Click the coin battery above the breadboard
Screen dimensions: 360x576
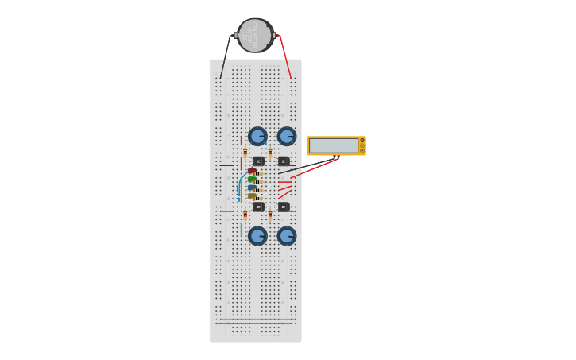(255, 36)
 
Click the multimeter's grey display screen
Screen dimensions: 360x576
(333, 145)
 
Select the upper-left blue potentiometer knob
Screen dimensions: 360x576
(257, 137)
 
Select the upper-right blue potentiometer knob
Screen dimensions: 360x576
(287, 137)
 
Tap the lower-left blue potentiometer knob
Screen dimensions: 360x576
(257, 236)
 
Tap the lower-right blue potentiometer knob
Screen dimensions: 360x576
(287, 236)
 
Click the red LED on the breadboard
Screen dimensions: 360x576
(252, 171)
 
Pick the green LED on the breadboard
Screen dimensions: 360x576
(252, 180)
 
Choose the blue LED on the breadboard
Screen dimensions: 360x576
(252, 188)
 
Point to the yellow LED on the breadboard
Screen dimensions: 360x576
(252, 196)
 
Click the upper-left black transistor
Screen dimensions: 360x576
(258, 161)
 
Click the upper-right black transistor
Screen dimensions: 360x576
(284, 161)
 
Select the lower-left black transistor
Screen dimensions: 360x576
(258, 207)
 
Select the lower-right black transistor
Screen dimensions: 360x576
(284, 207)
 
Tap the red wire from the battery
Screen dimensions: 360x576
(285, 57)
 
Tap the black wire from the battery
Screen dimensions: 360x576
(226, 57)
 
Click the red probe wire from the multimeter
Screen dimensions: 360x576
(314, 168)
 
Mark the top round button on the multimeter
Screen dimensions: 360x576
(362, 141)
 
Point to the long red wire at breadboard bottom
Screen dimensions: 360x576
(254, 323)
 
